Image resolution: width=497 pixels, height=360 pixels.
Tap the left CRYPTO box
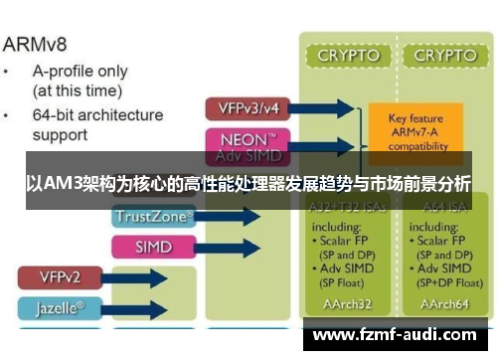(348, 56)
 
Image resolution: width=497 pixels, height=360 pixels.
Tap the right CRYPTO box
(444, 56)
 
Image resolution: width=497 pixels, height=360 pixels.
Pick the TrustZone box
(155, 215)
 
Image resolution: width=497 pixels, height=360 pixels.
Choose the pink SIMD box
(153, 246)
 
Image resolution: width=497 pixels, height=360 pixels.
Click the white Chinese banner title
(248, 184)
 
